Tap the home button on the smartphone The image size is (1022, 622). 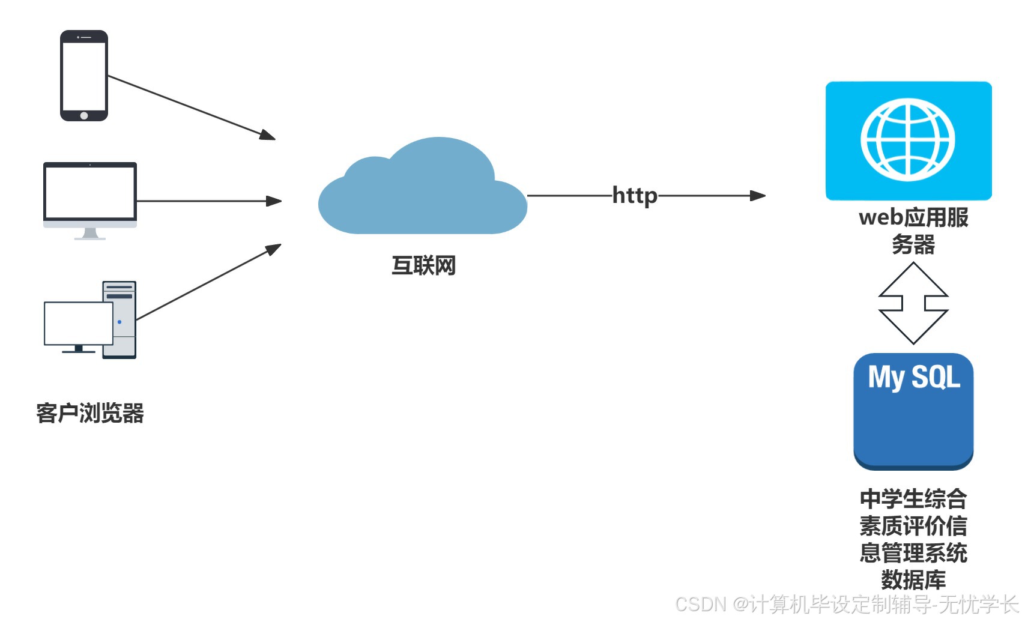tap(84, 115)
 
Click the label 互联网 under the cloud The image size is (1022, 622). tap(423, 265)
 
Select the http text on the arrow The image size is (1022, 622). tap(635, 196)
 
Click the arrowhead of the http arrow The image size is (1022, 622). tap(758, 196)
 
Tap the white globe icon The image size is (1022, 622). tap(908, 140)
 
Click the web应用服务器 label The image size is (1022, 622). tap(913, 231)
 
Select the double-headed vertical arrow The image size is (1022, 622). tap(913, 303)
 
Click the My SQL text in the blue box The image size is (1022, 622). tap(914, 378)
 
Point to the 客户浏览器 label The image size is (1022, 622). tap(90, 413)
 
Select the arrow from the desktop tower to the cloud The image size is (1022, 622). tap(208, 282)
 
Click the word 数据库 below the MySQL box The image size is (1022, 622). tap(913, 580)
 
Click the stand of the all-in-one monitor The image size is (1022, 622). tap(90, 234)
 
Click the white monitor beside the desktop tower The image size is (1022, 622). tap(78, 323)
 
